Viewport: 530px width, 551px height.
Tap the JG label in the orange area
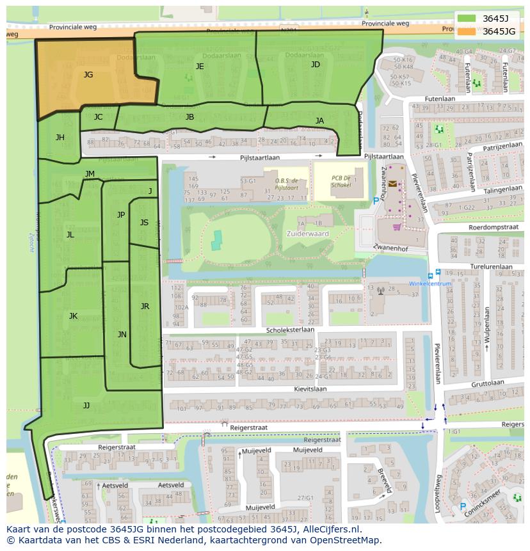(x=88, y=75)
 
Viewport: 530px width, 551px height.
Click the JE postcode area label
(x=200, y=67)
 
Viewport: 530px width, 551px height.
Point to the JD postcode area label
(x=315, y=65)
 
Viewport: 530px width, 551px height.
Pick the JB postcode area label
(x=189, y=117)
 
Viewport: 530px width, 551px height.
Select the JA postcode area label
(x=319, y=121)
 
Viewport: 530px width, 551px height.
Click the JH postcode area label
(x=60, y=138)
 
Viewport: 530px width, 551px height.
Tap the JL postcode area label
(x=70, y=235)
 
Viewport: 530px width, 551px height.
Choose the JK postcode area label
(x=73, y=316)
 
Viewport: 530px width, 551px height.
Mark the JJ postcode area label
(x=86, y=405)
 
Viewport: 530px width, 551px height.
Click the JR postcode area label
(x=145, y=307)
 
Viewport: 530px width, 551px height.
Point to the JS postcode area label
(x=144, y=223)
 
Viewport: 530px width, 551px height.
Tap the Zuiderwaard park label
(x=312, y=234)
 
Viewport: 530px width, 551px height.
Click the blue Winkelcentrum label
(x=430, y=283)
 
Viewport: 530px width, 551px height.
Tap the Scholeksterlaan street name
(x=290, y=330)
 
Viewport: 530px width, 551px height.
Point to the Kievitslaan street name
(x=310, y=388)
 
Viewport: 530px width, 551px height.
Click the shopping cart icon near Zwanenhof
(x=396, y=226)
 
